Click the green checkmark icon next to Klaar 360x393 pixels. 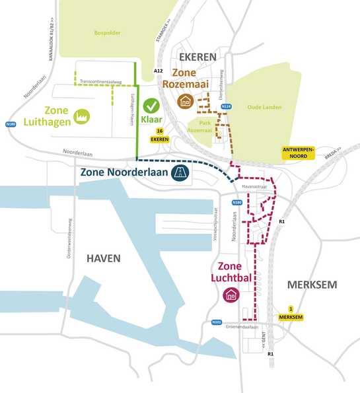[x=152, y=105]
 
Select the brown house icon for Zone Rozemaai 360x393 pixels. [x=186, y=101]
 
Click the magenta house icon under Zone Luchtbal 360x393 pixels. [x=231, y=295]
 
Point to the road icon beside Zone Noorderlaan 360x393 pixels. [x=178, y=173]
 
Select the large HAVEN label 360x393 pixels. [x=104, y=258]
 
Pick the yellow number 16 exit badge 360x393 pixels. [x=160, y=131]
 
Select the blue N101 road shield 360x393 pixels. [x=216, y=322]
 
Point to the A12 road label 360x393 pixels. [x=158, y=70]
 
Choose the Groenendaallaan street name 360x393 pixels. [x=241, y=326]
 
